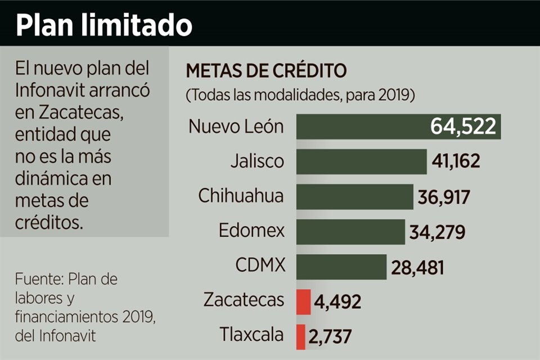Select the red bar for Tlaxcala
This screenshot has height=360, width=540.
301,336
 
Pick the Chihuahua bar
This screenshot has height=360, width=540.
355,197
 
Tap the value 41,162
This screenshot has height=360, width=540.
456,162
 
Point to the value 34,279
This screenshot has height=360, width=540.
435,232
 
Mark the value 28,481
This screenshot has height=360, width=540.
417,267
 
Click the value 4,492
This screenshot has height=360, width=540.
337,302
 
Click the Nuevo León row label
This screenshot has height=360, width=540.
236,127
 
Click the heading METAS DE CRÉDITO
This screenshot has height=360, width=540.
267,73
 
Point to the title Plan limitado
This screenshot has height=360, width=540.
104,25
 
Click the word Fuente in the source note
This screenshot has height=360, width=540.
37,280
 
